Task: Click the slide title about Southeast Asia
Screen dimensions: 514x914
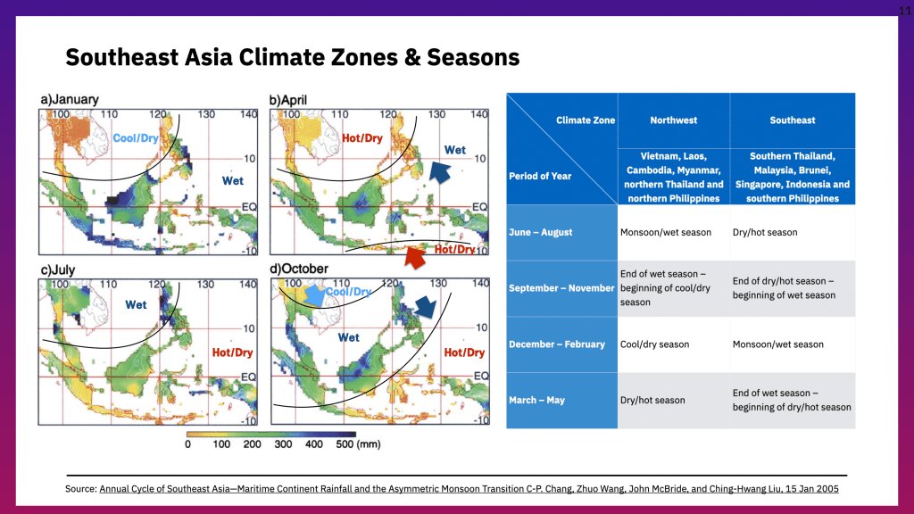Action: pyautogui.click(x=293, y=58)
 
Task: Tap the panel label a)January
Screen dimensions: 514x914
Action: pyautogui.click(x=69, y=100)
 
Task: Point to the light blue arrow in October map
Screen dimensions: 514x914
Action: pyautogui.click(x=315, y=293)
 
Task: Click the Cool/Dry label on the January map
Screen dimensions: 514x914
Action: pyautogui.click(x=136, y=138)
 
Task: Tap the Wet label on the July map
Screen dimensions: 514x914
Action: pyautogui.click(x=136, y=305)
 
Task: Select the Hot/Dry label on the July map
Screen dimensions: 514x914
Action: pyautogui.click(x=233, y=352)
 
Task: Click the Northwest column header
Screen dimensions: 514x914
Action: pyautogui.click(x=674, y=120)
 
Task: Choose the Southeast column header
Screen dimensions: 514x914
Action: pyautogui.click(x=793, y=120)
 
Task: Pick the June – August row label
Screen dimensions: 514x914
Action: pyautogui.click(x=541, y=233)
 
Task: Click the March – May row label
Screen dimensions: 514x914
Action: pyautogui.click(x=536, y=401)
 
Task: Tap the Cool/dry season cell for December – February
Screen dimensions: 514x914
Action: pyautogui.click(x=654, y=344)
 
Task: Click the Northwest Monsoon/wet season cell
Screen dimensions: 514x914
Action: pyautogui.click(x=666, y=233)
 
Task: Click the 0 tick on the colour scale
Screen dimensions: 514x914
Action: pyautogui.click(x=187, y=444)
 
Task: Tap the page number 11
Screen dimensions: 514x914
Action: pyautogui.click(x=904, y=8)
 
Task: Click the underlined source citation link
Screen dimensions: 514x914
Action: pyautogui.click(x=469, y=490)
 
